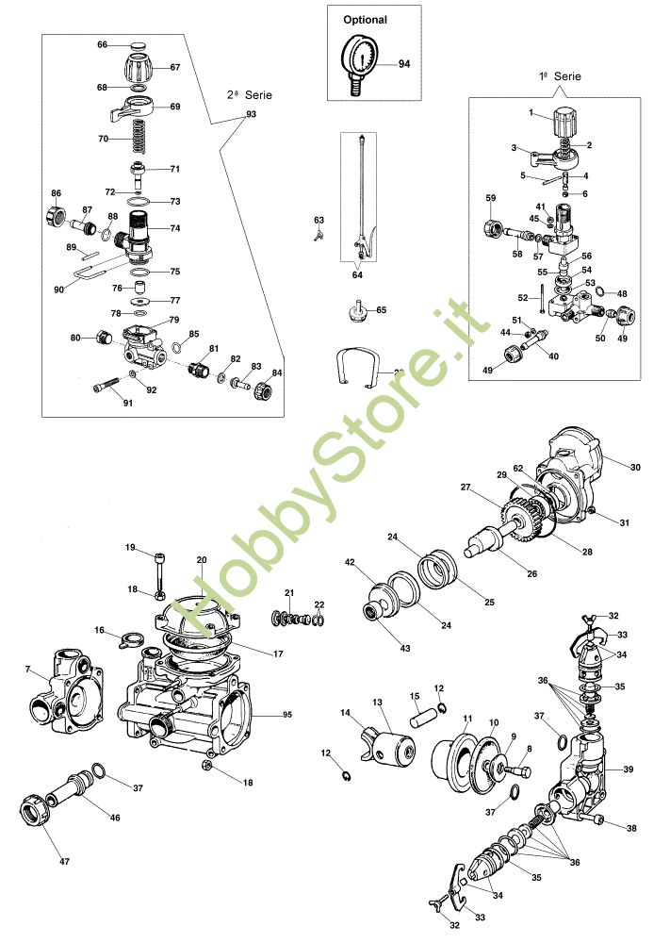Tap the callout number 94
pos(404,64)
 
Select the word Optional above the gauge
pos(365,19)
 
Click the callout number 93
pos(251,114)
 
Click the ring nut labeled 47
pos(35,812)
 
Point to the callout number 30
pos(635,467)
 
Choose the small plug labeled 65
pos(357,311)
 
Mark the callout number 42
pos(350,563)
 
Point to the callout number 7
pos(29,669)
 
